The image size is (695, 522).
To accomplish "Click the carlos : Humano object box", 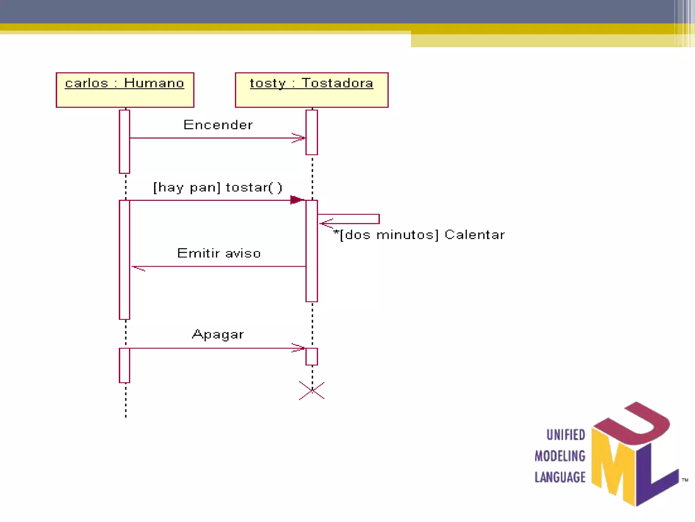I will (x=125, y=90).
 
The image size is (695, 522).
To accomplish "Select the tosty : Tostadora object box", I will (x=312, y=90).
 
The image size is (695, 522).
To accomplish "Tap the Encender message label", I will (x=218, y=125).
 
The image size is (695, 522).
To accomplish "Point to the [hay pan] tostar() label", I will (x=218, y=188).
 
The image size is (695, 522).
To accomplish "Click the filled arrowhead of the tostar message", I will (x=297, y=200).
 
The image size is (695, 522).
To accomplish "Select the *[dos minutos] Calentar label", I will (x=419, y=235).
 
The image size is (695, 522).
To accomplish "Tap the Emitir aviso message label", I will (x=219, y=254).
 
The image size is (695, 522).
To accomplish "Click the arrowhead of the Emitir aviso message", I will (x=137, y=268).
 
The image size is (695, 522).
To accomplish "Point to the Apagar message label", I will (x=218, y=335).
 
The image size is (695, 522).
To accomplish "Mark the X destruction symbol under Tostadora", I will (x=312, y=390).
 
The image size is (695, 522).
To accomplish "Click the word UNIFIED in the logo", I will (x=566, y=435).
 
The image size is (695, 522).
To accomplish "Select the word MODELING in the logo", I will (x=560, y=456).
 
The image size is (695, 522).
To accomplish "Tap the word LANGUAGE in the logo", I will (x=560, y=477).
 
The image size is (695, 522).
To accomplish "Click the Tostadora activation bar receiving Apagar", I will (x=312, y=356).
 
